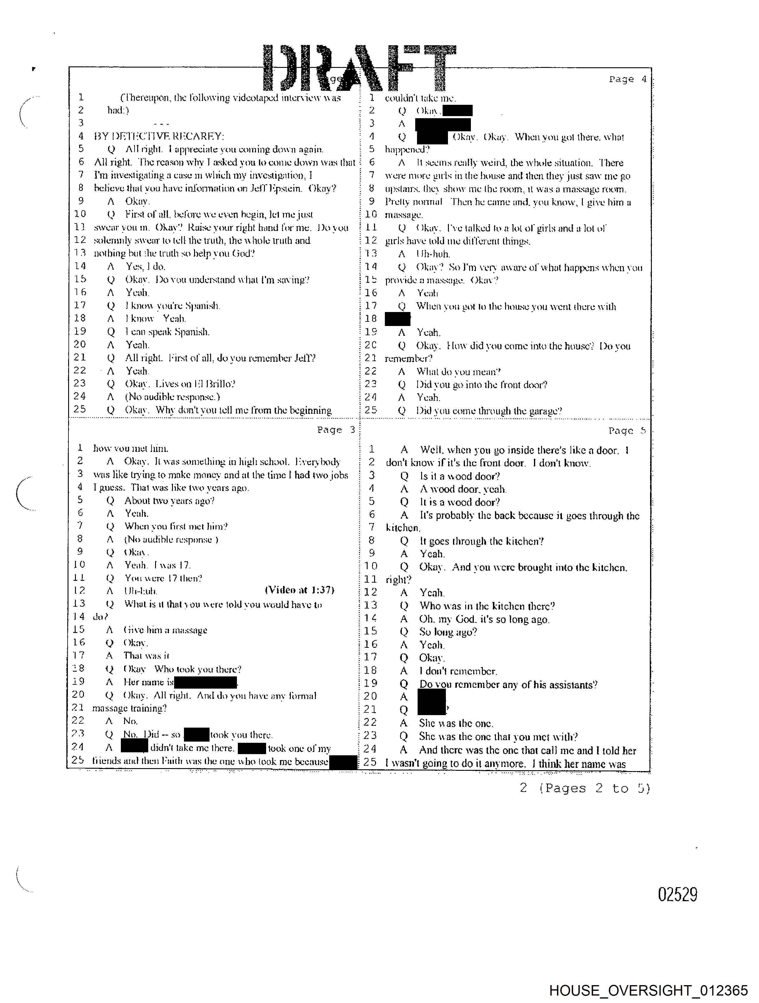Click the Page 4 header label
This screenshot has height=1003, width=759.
pos(627,79)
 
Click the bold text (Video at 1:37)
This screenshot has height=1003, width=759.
pos(299,590)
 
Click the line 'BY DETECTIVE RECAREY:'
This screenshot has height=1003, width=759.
pos(159,136)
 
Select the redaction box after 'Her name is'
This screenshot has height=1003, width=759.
pos(205,682)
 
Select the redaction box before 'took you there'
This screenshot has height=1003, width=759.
pos(196,734)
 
